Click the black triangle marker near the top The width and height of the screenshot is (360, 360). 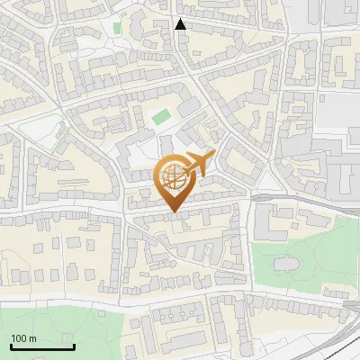181,24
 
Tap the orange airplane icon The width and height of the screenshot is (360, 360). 199,165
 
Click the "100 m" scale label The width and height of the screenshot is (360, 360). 24,337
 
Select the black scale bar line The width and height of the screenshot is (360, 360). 42,346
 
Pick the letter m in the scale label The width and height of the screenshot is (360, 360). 33,337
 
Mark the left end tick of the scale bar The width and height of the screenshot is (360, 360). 11,345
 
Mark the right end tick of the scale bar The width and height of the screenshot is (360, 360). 74,345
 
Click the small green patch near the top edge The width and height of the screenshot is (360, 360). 117,28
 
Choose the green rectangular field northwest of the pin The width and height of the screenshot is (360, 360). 161,117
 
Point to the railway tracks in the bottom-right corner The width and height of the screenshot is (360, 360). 337,337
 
